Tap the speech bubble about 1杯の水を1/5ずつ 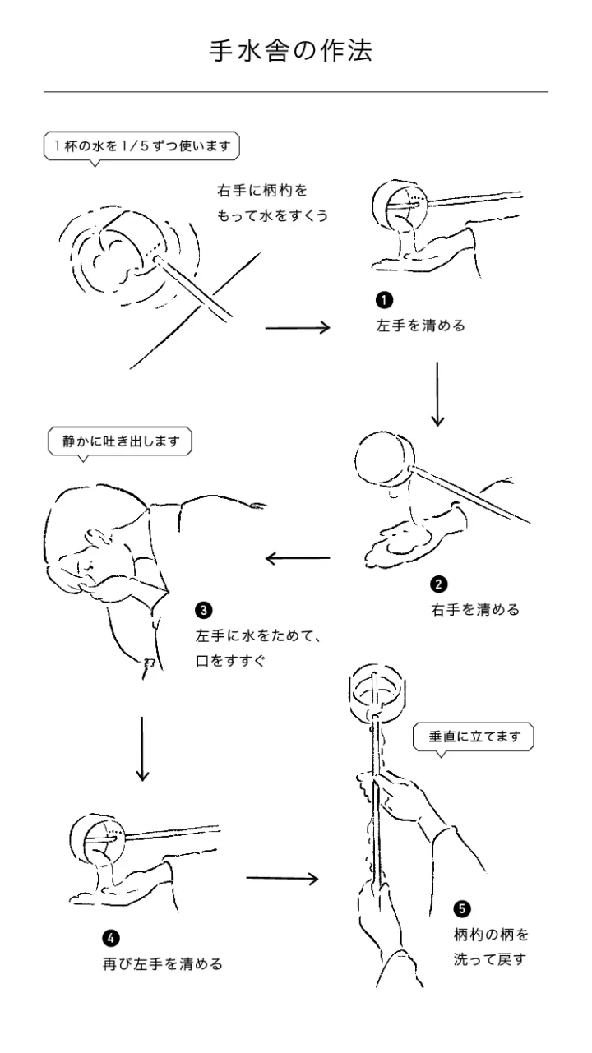coord(141,146)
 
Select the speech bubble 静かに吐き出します coord(120,441)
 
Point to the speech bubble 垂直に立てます coord(474,737)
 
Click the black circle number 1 coord(385,301)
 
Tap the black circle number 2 coord(439,584)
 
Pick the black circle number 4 coord(111,938)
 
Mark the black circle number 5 coord(462,908)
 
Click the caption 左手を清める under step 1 coord(420,326)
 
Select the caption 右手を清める coord(475,609)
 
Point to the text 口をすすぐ coord(231,660)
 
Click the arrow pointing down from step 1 coord(437,394)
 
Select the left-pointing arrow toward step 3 coord(297,560)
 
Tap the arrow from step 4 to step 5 coord(282,878)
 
